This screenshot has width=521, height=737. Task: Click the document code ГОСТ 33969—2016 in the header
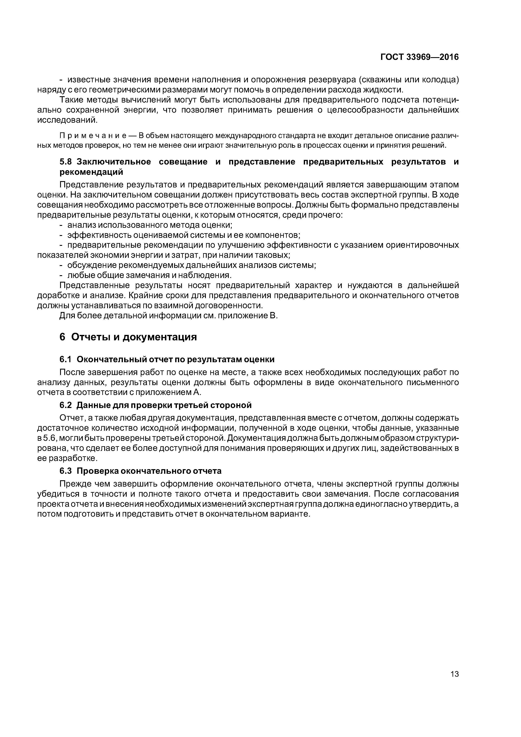click(419, 57)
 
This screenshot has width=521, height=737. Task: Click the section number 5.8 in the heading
click(66, 162)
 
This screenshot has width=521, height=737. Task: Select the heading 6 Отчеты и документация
click(128, 337)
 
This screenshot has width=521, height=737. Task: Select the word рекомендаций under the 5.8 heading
click(91, 172)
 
